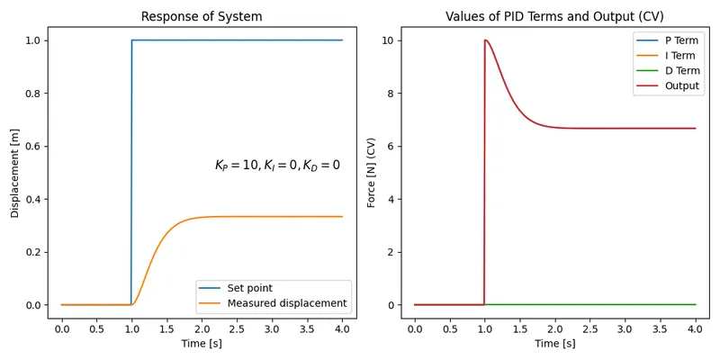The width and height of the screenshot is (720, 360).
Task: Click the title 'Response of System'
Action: [x=202, y=16]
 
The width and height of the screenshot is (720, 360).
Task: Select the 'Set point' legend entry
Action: [x=249, y=288]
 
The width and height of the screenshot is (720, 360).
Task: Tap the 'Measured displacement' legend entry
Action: [x=286, y=303]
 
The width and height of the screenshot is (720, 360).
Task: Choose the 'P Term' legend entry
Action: [x=680, y=40]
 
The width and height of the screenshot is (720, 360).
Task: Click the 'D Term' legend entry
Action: [x=680, y=71]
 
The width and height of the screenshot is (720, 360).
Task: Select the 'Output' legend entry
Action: [x=681, y=86]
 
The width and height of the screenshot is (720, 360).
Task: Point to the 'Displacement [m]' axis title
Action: [x=15, y=173]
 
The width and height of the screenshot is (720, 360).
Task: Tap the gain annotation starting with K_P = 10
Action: [x=277, y=166]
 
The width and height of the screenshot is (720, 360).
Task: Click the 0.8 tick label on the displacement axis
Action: [x=31, y=94]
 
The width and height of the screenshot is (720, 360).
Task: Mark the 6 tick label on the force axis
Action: [x=391, y=147]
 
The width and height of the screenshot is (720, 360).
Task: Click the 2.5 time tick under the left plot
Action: [x=237, y=329]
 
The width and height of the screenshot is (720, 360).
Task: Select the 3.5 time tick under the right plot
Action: [x=660, y=329]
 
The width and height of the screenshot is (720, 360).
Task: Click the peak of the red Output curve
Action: [x=486, y=40]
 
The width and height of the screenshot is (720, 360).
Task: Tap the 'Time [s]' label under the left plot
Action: [x=202, y=344]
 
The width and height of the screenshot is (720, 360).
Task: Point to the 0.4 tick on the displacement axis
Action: [x=31, y=199]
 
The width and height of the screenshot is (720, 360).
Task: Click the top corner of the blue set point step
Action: [x=132, y=40]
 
